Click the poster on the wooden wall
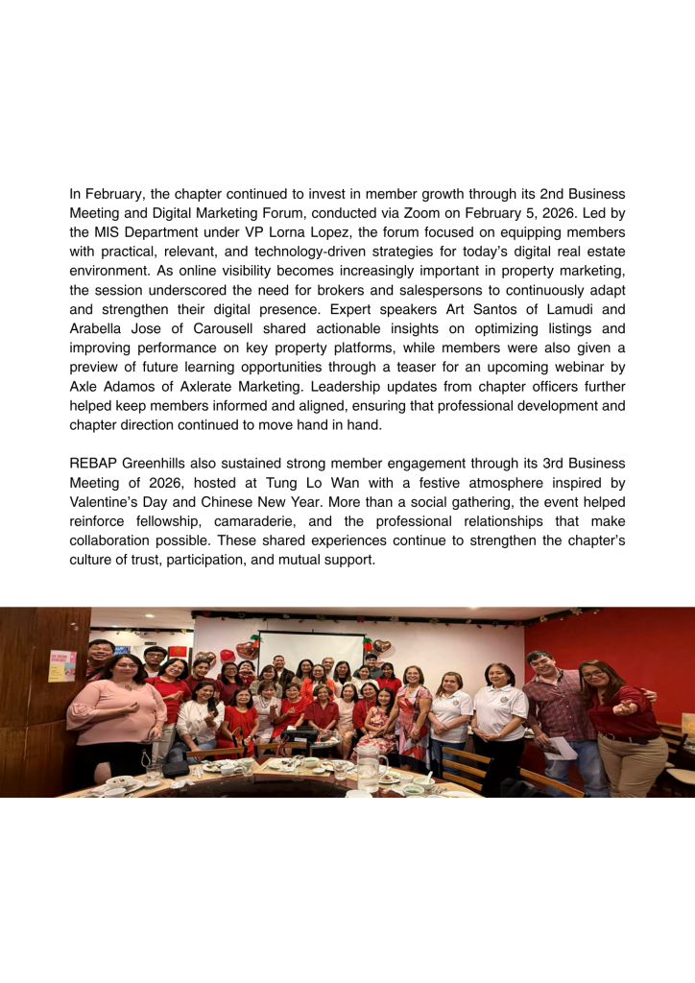(62, 665)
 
